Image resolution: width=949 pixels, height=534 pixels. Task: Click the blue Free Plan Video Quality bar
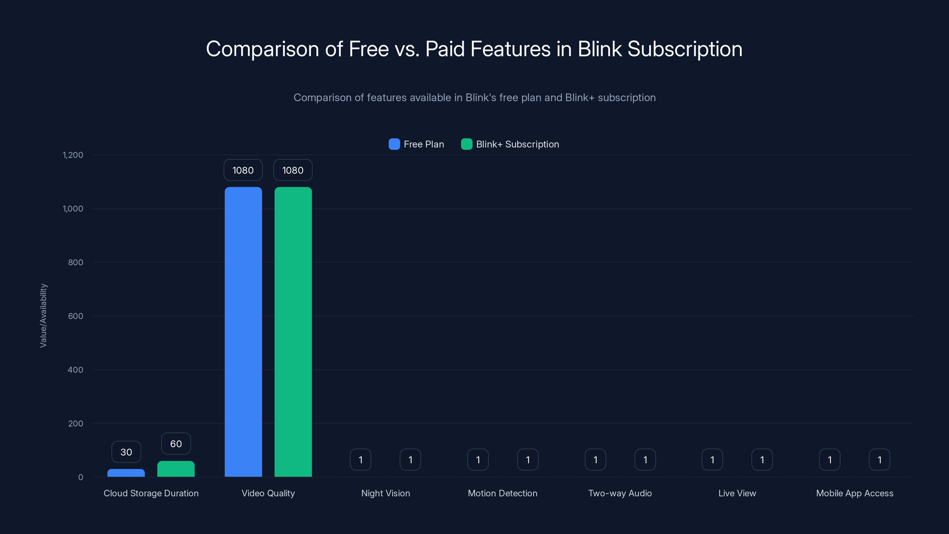click(243, 332)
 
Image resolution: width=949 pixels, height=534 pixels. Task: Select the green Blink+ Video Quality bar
click(293, 332)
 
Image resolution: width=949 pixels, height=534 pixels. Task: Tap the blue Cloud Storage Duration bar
click(126, 473)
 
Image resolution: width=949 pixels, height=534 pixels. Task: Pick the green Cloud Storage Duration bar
click(176, 469)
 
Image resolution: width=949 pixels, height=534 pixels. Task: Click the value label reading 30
click(126, 452)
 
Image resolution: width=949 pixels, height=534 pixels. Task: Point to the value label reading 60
click(176, 444)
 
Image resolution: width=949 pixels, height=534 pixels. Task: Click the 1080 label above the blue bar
click(243, 170)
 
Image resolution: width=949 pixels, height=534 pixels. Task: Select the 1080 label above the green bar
click(293, 170)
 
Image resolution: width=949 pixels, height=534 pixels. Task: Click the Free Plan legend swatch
click(394, 144)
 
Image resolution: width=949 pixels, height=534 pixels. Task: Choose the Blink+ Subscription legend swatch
click(466, 144)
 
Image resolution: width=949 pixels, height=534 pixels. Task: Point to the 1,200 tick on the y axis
click(73, 155)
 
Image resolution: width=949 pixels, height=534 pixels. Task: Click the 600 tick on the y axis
click(76, 316)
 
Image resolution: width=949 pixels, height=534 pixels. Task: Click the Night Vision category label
click(385, 493)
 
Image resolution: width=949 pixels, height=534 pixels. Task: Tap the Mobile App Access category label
click(855, 493)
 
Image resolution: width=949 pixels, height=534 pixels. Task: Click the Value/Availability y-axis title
click(44, 315)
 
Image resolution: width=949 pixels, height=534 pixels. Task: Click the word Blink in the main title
click(599, 49)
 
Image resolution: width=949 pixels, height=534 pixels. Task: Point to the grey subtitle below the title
click(474, 98)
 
